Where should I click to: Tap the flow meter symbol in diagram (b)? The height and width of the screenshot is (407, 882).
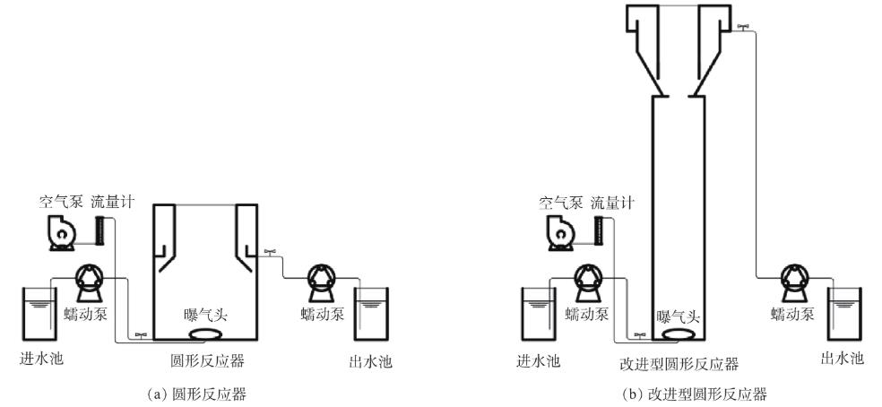598,230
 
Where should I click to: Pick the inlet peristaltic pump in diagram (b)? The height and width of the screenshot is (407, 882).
589,281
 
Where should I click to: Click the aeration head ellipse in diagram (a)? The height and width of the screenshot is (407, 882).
208,334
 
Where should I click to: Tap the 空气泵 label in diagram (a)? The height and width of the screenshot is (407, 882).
59,203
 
